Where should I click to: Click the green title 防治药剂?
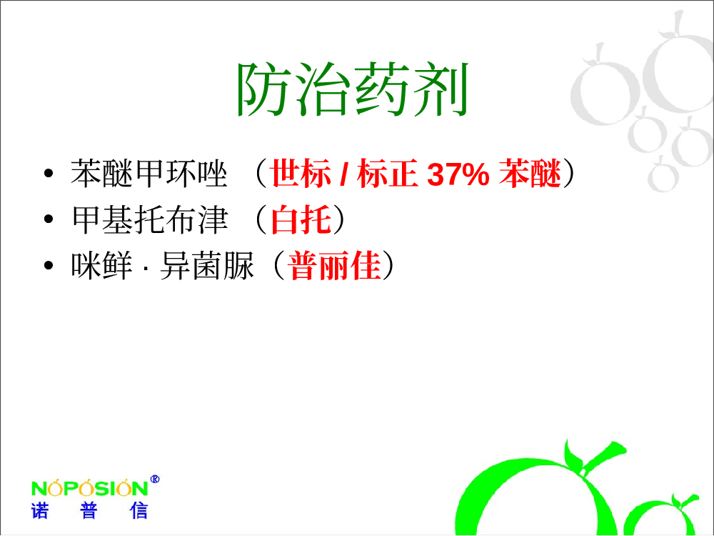pyautogui.click(x=353, y=89)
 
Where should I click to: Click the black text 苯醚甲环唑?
pyautogui.click(x=149, y=174)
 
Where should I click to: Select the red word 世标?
pyautogui.click(x=301, y=174)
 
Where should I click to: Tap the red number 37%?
pyautogui.click(x=458, y=174)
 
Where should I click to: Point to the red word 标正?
pyautogui.click(x=388, y=174)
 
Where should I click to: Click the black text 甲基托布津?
pyautogui.click(x=149, y=219)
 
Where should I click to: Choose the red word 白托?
pyautogui.click(x=301, y=219)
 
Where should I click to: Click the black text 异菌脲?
pyautogui.click(x=207, y=266)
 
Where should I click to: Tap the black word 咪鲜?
pyautogui.click(x=101, y=266)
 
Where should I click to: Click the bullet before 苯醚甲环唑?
pyautogui.click(x=49, y=173)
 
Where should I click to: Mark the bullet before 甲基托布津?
pyautogui.click(x=49, y=219)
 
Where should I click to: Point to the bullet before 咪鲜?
pyautogui.click(x=49, y=265)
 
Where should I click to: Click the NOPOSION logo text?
pyautogui.click(x=90, y=488)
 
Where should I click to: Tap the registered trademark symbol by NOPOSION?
pyautogui.click(x=155, y=480)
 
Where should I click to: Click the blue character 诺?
pyautogui.click(x=39, y=511)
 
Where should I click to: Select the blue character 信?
pyautogui.click(x=139, y=511)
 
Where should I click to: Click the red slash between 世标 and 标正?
pyautogui.click(x=344, y=174)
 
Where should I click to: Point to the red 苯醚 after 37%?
pyautogui.click(x=530, y=174)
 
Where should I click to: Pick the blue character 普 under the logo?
pyautogui.click(x=89, y=511)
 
